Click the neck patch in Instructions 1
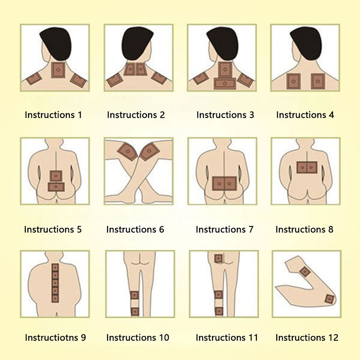[x=58, y=70]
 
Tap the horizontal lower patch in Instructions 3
[x=225, y=84]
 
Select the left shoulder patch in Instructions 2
[x=115, y=80]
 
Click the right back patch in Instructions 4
[x=318, y=81]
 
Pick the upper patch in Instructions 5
[x=56, y=176]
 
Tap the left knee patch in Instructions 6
[x=127, y=151]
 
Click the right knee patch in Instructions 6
[x=150, y=151]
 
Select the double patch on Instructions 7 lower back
[x=224, y=184]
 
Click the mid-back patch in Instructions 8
[x=307, y=167]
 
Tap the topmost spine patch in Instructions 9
[x=55, y=268]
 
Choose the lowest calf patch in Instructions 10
[x=135, y=312]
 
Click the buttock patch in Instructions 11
[x=218, y=259]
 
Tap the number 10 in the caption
[x=164, y=338]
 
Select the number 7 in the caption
[x=251, y=229]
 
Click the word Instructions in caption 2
[x=132, y=115]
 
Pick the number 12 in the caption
[x=333, y=338]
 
